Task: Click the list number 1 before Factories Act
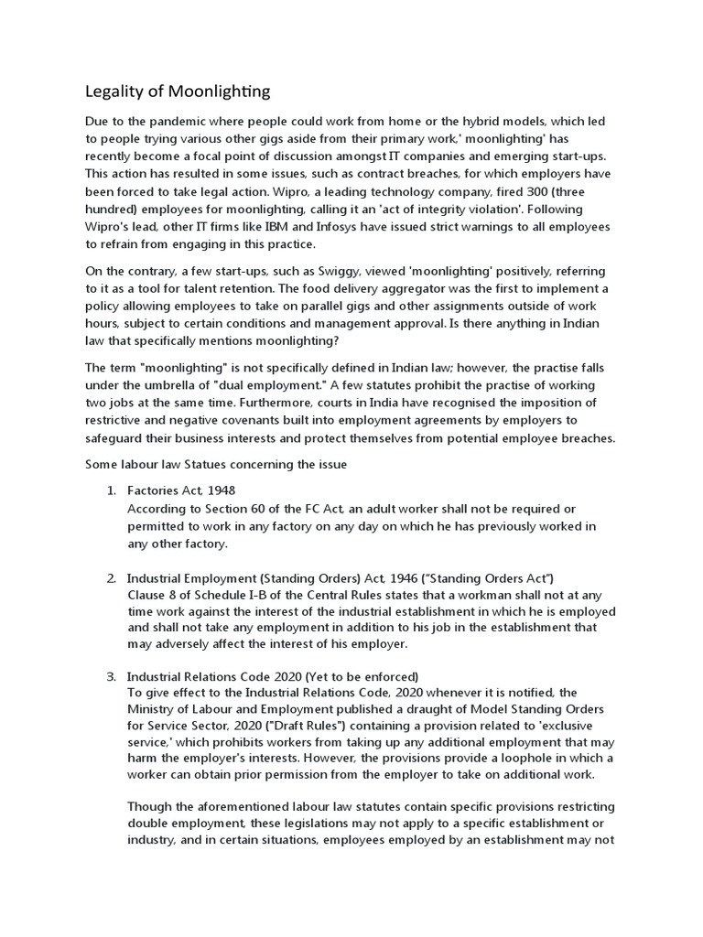pos(111,490)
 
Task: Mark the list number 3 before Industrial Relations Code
pos(111,676)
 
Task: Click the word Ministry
pos(153,711)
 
